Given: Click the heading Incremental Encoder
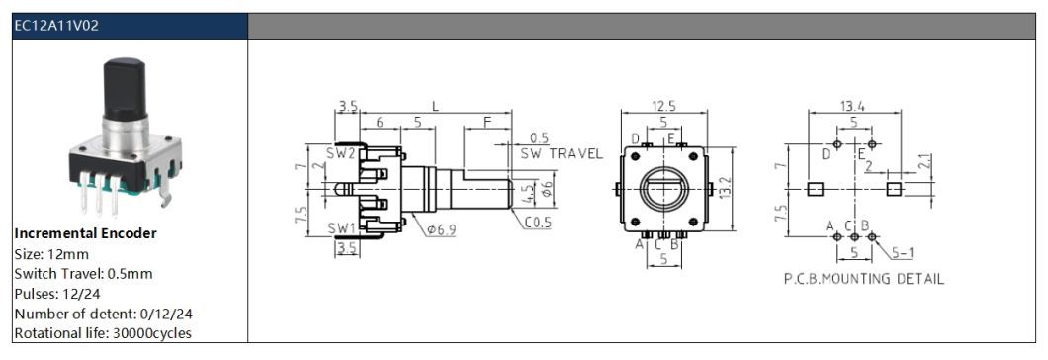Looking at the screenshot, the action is coord(86,233).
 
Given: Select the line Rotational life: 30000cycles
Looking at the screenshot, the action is coord(103,333).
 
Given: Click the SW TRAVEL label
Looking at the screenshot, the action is coord(562,154).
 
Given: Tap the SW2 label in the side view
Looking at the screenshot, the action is coord(340,154).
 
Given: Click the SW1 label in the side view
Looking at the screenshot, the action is coord(340,228).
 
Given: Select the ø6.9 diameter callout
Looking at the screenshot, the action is coord(442,230).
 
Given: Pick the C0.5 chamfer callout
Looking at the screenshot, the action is coord(538,223).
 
